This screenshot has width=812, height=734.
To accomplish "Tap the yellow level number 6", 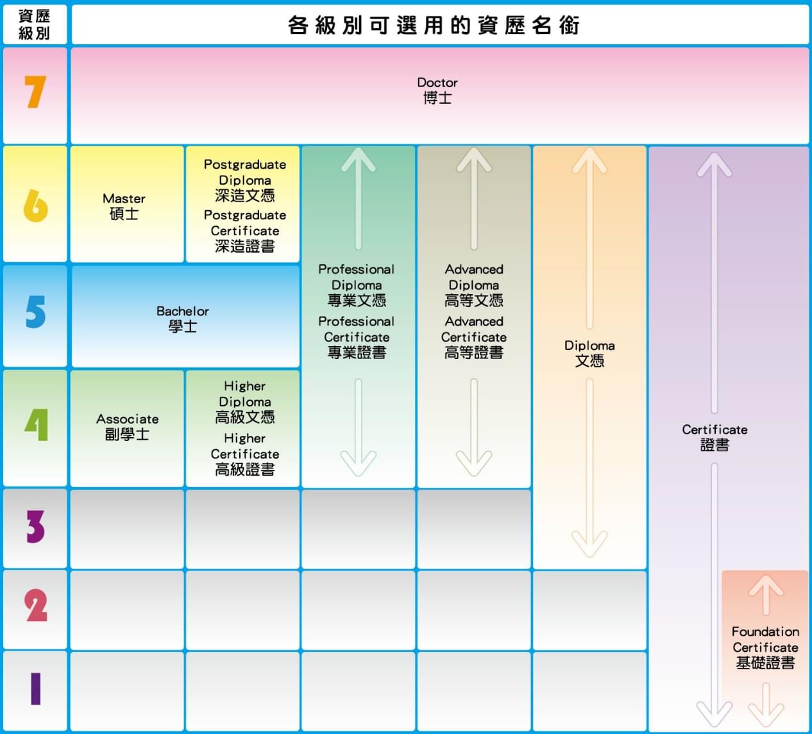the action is [36, 206].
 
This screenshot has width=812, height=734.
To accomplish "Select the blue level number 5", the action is [36, 311].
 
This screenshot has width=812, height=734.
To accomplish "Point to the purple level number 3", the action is [36, 526].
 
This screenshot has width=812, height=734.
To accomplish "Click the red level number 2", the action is [36, 605].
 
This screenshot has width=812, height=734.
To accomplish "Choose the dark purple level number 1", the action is [36, 688].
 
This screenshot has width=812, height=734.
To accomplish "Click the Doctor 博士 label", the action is [437, 90].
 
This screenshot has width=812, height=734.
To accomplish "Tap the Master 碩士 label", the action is [124, 206].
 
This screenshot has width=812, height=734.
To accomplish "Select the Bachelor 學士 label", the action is [183, 319].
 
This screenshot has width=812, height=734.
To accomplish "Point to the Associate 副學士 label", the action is [127, 427].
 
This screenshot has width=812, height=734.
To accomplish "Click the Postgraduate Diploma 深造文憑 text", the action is [245, 180].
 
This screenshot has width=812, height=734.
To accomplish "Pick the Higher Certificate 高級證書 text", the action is [245, 455].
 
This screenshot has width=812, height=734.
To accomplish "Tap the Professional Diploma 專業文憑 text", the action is [356, 285].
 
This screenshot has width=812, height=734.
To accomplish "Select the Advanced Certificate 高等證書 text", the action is [473, 337].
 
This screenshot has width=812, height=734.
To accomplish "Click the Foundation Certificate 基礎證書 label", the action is [765, 647].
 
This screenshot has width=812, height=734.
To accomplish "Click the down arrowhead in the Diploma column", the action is [589, 544].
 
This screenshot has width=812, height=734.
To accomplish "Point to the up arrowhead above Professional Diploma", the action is [359, 160].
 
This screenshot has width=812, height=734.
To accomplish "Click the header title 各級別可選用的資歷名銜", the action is [434, 25].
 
